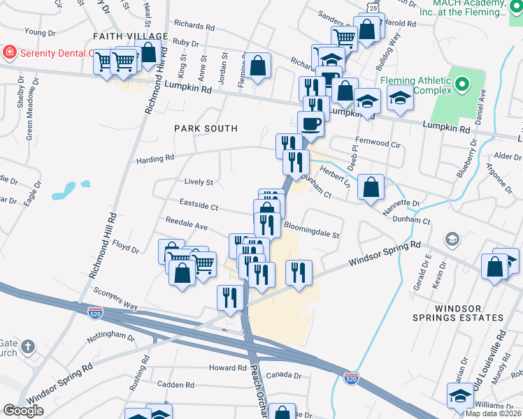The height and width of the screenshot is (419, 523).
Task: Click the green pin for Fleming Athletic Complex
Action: click(x=461, y=85)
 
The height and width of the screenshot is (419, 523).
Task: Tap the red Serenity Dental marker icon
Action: click(x=9, y=52)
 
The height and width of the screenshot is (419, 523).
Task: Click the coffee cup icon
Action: click(x=310, y=124)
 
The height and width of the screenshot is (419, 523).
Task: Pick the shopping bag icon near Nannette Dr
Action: click(x=371, y=187)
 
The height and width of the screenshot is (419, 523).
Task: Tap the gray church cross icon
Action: click(x=27, y=346)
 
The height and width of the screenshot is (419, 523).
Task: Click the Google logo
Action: click(x=23, y=411)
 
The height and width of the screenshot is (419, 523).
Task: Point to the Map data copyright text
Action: click(x=494, y=413)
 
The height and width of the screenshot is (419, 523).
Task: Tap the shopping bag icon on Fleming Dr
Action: click(x=257, y=66)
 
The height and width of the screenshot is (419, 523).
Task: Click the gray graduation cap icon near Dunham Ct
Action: click(x=451, y=240)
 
